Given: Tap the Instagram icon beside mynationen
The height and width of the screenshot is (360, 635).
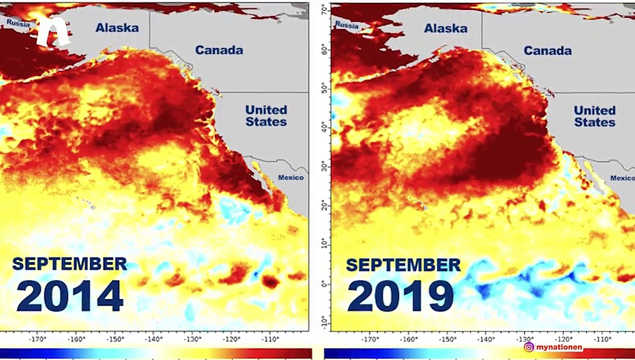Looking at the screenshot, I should pos(529,346).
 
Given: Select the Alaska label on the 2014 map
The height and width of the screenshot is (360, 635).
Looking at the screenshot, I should pos(116,28).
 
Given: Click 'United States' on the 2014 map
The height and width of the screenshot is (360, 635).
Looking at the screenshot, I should pos(266,116).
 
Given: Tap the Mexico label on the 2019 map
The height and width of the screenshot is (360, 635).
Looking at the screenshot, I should pos(622,178).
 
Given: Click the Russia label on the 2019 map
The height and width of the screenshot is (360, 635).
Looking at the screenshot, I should pos(347,25).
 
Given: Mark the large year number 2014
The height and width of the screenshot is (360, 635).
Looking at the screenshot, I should pos(70,296).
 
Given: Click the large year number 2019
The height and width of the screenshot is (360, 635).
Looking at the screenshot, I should pos(400,296).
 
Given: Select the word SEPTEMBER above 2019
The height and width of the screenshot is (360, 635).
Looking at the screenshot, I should pos(403,265).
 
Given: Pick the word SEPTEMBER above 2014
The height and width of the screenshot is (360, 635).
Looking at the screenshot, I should pos(69,263).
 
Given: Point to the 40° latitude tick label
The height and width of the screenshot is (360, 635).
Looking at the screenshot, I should pos(323,126).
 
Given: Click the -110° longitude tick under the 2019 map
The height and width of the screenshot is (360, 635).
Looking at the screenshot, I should pos(602,339).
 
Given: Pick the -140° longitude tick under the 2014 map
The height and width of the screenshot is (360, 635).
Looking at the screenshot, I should pos(153,339).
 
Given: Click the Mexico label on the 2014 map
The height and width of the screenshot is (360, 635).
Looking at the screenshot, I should pos(290,177).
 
